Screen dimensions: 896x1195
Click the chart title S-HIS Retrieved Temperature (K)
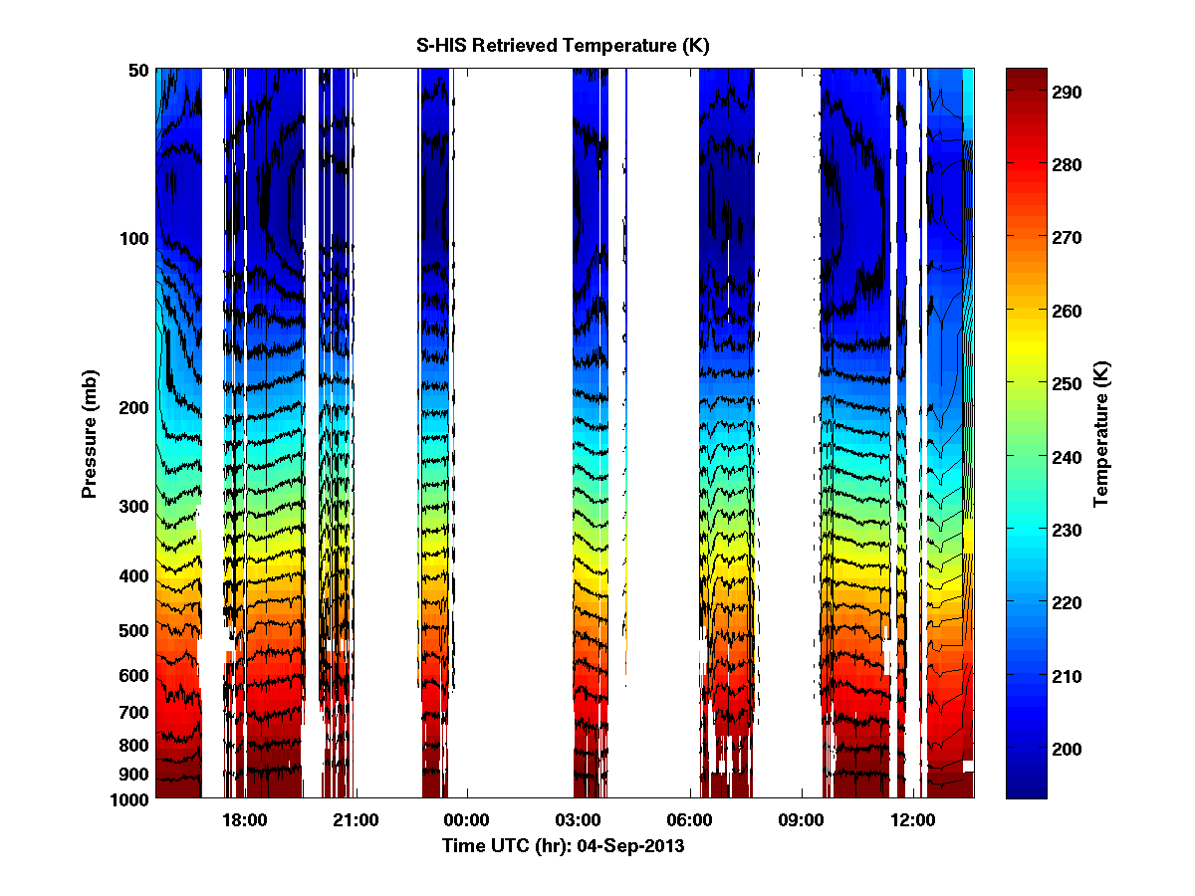point(563,46)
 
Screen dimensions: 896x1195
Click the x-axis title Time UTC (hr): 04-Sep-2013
point(563,846)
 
